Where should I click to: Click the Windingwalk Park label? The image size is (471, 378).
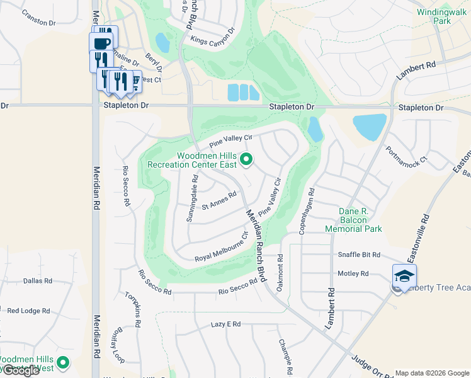(433, 16)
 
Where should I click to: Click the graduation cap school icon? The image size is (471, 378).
(404, 276)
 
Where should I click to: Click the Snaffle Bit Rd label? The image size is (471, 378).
(359, 255)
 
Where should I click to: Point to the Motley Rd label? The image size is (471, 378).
(353, 274)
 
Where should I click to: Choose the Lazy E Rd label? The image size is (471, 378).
(226, 324)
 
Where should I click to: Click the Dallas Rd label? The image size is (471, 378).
(37, 281)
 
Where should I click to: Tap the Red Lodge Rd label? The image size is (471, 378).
(28, 311)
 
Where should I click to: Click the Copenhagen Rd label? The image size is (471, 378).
(310, 210)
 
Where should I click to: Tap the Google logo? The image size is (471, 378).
(20, 370)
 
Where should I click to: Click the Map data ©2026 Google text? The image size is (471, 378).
(431, 373)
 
